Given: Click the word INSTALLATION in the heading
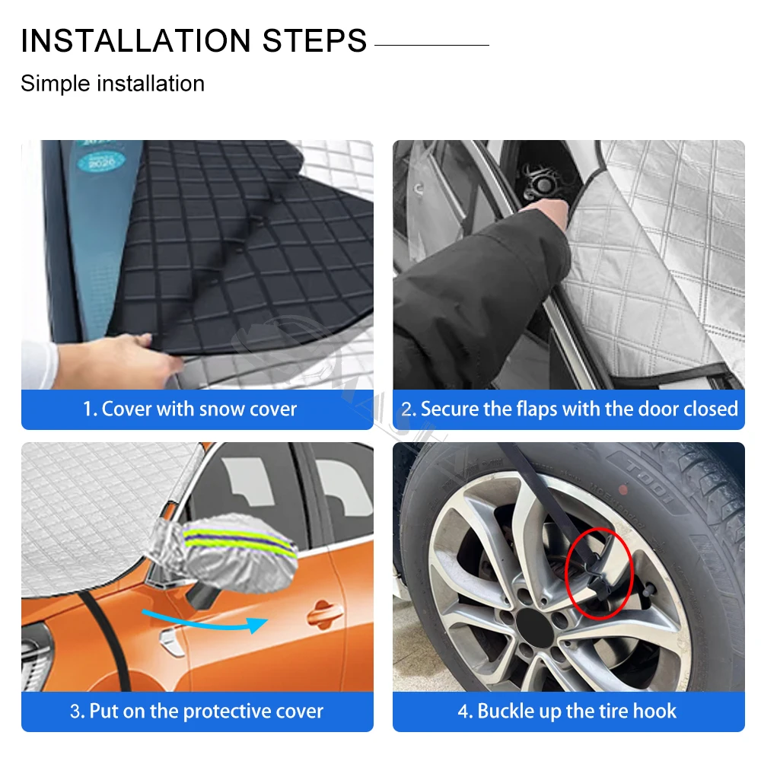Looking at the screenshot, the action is pos(136,40).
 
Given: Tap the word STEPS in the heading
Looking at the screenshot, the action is pos(314,40).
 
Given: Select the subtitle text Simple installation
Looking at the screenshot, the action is pos(113,84).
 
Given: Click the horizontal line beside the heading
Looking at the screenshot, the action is pos(432,45).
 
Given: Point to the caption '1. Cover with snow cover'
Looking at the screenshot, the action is pos(189,409).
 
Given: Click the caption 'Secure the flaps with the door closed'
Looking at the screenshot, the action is pos(579,409).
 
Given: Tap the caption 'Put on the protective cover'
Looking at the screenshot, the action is pos(206,712).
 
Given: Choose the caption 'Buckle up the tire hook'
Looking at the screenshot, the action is pos(577,711).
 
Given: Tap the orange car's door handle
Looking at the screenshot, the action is pos(324,614).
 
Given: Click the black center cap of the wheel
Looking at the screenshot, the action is pos(534,627).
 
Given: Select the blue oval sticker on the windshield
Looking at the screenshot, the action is pos(101,161).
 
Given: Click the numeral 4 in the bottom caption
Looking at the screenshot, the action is pos(463,712).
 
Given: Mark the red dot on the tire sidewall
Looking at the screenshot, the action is pos(622,490).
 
